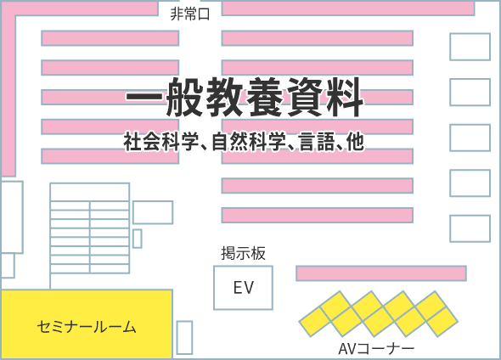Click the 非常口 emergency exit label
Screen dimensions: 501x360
point(190,14)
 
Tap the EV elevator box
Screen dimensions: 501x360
point(243,288)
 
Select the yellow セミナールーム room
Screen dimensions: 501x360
point(87,323)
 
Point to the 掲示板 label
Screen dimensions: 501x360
point(243,253)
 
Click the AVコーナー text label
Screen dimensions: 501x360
point(376,349)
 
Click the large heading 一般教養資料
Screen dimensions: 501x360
point(245,97)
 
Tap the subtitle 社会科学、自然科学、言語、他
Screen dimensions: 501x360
point(244,141)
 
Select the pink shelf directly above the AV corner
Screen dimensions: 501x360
point(381,273)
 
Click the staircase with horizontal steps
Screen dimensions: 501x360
point(90,228)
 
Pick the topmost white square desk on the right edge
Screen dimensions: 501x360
point(470,47)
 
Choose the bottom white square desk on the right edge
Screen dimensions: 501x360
point(470,228)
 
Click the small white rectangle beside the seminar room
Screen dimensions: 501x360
point(184,338)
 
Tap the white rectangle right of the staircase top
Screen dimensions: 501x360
point(153,212)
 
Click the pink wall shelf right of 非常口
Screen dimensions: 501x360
point(348,8)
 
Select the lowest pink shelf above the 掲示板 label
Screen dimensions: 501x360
point(318,215)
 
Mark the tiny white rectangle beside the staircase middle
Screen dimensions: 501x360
point(138,239)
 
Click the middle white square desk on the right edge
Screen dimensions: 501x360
point(470,138)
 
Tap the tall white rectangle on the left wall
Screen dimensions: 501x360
point(12,217)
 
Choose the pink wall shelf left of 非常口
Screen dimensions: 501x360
point(80,8)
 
